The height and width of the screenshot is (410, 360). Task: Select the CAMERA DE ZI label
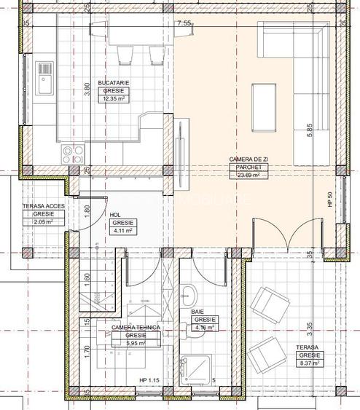click(x=247, y=159)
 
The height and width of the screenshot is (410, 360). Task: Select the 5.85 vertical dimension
click(x=310, y=131)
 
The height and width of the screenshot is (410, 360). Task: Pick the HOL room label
click(x=114, y=216)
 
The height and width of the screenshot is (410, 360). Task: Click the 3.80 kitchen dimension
click(x=87, y=89)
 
